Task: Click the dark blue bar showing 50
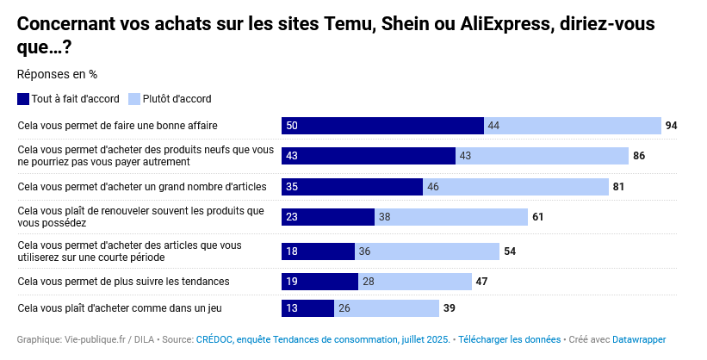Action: point(382,126)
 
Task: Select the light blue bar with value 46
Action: point(516,186)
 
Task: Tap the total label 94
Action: point(672,126)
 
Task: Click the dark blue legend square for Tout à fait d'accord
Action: point(23,99)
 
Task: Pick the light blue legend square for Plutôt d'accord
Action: point(134,99)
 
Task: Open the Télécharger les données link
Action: point(509,340)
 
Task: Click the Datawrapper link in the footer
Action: point(639,340)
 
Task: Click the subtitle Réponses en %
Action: point(57,74)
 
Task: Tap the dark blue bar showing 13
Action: point(307,307)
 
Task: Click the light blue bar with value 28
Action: point(415,282)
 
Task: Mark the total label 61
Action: point(537,217)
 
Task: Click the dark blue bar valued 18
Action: point(318,251)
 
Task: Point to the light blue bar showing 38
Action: point(451,217)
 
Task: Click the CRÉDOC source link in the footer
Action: point(323,340)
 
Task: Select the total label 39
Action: point(449,307)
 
